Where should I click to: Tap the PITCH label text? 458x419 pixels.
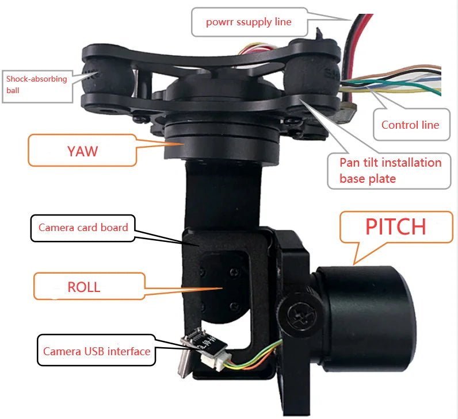tap(396, 226)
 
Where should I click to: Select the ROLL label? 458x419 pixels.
tap(84, 287)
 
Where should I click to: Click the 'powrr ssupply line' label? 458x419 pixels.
tap(249, 22)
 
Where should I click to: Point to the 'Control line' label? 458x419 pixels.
tap(410, 125)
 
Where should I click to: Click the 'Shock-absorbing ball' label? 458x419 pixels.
tap(37, 84)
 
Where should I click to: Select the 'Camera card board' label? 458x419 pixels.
tap(83, 227)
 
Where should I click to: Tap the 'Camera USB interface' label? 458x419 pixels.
tap(97, 351)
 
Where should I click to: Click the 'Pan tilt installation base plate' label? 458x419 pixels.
tap(390, 170)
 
